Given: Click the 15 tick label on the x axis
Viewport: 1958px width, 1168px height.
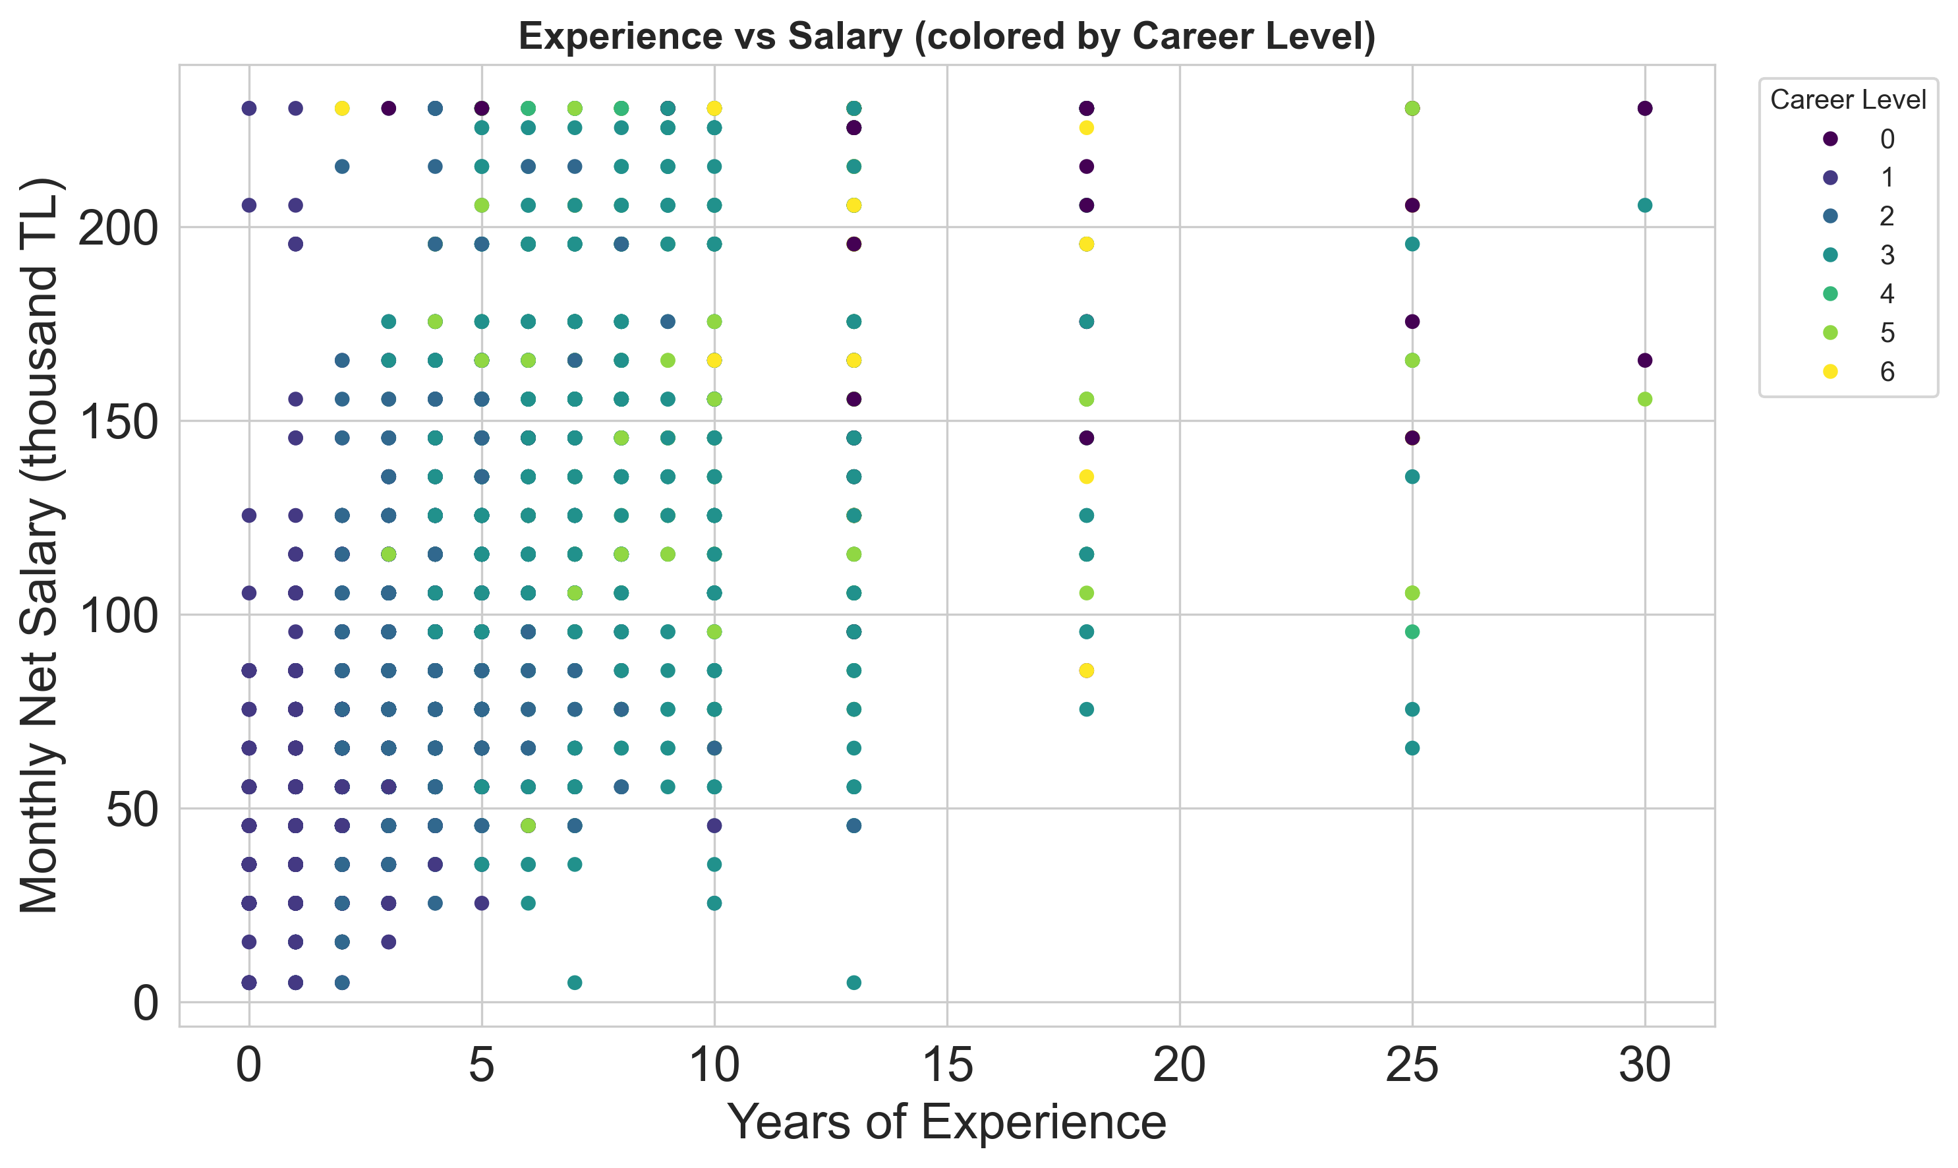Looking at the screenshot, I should click(947, 1067).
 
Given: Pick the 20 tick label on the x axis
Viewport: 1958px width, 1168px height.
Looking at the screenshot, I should click(1179, 1067).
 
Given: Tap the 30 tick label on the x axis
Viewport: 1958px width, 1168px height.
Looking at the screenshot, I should click(1644, 1067).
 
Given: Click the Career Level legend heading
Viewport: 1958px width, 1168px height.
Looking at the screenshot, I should click(1848, 100).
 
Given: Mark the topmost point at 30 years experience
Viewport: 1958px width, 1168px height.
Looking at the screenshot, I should click(1645, 109).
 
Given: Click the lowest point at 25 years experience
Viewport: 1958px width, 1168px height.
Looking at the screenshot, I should click(1412, 747).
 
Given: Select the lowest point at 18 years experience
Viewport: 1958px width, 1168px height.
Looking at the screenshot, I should click(1087, 709).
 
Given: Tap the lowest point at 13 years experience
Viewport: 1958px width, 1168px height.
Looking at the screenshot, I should click(854, 982).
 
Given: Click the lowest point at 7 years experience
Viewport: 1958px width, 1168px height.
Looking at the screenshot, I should click(575, 982).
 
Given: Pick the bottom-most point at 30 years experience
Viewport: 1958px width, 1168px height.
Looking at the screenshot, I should click(1645, 399).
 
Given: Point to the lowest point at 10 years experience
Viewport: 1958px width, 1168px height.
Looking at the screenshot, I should click(714, 903).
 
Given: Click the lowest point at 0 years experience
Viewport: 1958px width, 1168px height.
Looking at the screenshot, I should click(250, 982).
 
